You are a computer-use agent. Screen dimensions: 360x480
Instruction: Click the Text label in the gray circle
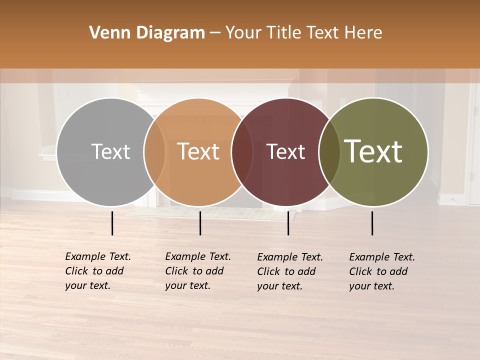point(110,151)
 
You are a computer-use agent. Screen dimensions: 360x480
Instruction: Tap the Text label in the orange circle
point(198,151)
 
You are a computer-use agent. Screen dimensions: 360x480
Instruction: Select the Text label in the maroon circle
point(286,151)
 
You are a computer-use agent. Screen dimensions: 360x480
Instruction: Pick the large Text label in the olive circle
point(373,151)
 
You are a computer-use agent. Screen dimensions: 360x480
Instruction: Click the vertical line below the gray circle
point(112,223)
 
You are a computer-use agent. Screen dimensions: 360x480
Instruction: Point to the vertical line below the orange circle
point(200,223)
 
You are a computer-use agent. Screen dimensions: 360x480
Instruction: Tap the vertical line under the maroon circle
point(288,223)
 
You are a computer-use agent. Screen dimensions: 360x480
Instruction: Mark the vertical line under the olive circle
point(372,223)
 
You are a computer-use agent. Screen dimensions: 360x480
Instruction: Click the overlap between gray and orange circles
point(154,152)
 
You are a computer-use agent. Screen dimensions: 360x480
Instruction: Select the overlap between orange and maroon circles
point(242,152)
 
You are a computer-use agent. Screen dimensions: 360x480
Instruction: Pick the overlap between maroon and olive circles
point(329,152)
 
